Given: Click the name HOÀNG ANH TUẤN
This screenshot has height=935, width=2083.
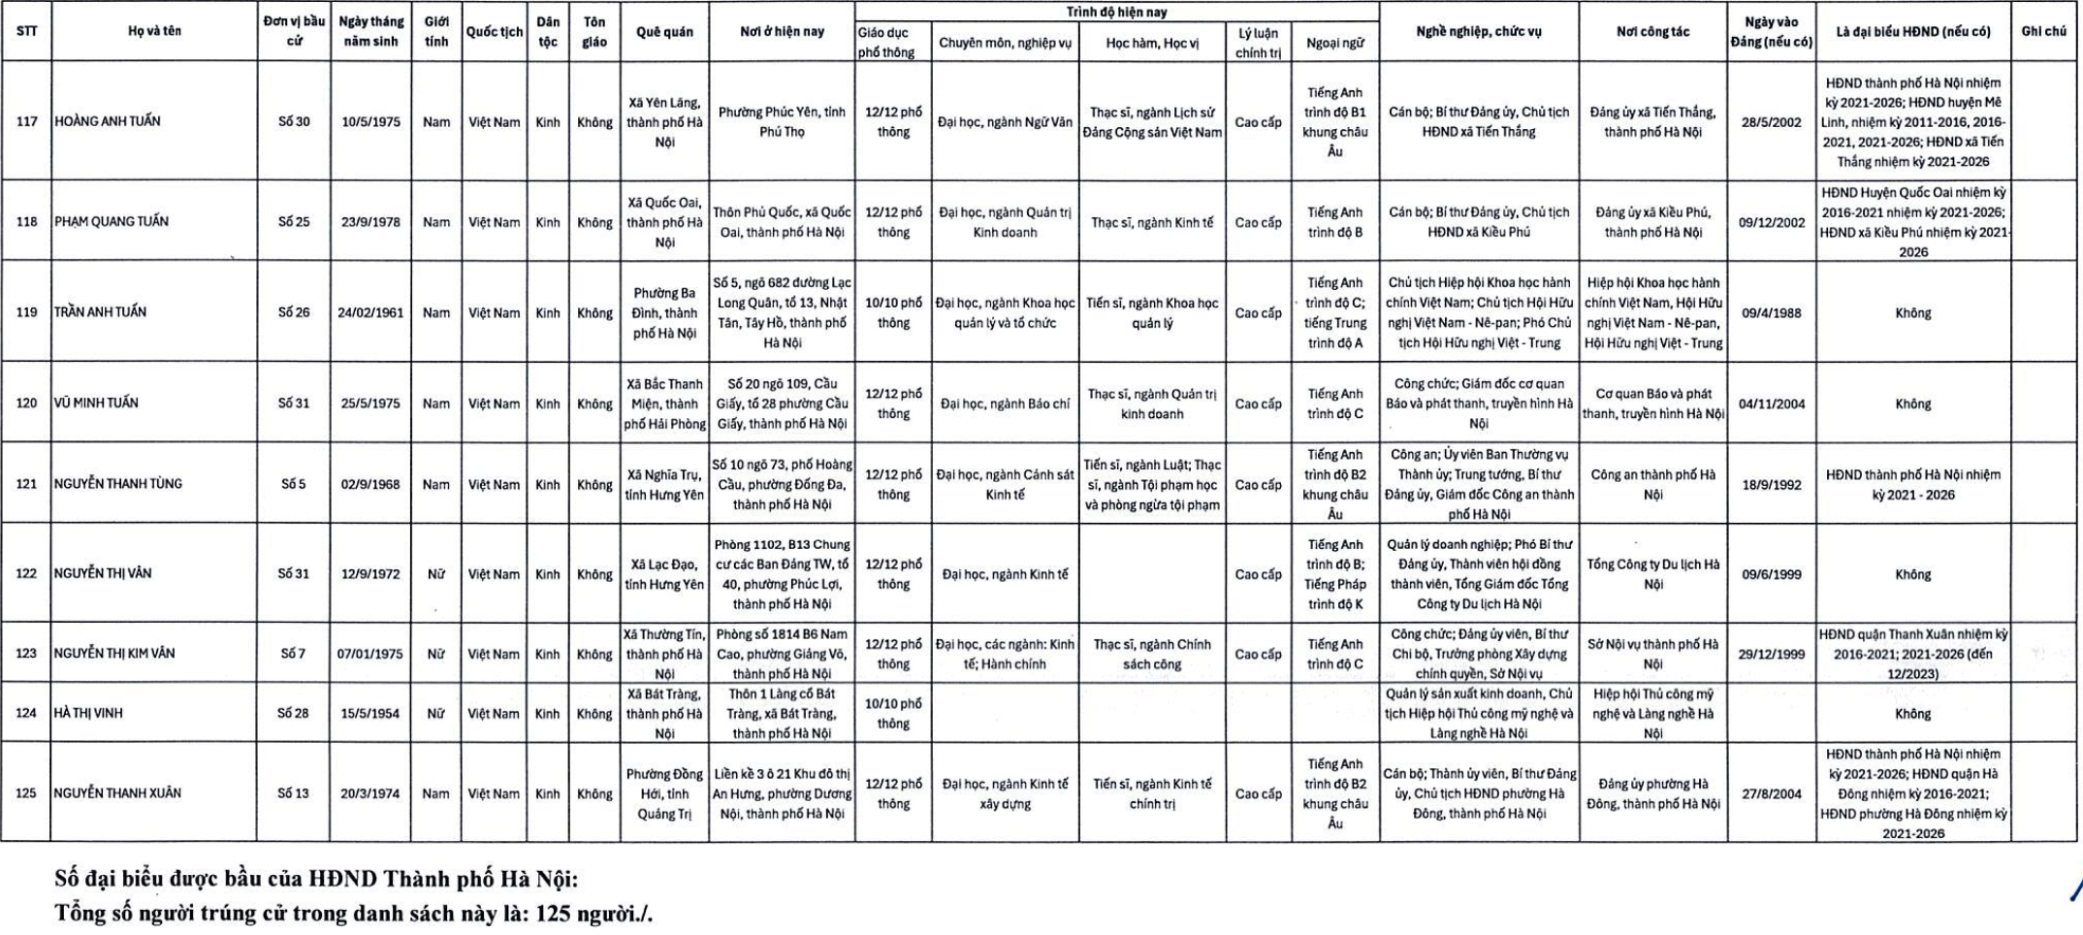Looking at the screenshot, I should pyautogui.click(x=108, y=121).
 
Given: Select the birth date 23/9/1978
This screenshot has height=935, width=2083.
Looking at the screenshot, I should pyautogui.click(x=370, y=222).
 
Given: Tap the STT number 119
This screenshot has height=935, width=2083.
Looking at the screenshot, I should pyautogui.click(x=26, y=312).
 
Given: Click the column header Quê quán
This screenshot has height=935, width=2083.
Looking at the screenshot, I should pyautogui.click(x=664, y=32).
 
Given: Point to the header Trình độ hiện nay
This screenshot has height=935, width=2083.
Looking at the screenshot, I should pyautogui.click(x=1116, y=13).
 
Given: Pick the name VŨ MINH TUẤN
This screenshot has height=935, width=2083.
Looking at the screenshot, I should pyautogui.click(x=96, y=403).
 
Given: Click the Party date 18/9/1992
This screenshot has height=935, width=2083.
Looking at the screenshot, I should pyautogui.click(x=1771, y=484).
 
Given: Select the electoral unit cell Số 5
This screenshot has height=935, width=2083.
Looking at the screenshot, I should pyautogui.click(x=293, y=484).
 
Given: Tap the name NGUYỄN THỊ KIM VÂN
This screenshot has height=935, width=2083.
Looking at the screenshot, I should pyautogui.click(x=114, y=653).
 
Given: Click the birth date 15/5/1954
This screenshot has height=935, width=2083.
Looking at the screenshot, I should pyautogui.click(x=370, y=714).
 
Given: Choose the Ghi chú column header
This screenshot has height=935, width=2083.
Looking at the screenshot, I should pyautogui.click(x=2043, y=31).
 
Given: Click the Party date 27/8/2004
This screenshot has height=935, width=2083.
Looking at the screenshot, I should pyautogui.click(x=1771, y=793).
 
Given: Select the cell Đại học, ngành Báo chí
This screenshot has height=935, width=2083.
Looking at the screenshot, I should pyautogui.click(x=1005, y=403).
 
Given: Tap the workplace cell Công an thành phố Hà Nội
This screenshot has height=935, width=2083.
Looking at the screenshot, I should pyautogui.click(x=1652, y=484).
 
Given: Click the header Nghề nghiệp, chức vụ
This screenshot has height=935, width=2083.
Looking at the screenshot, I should pyautogui.click(x=1478, y=31).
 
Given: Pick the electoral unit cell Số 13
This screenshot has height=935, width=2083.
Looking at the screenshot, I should pyautogui.click(x=293, y=793).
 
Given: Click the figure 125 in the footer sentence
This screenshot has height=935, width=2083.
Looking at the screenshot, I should pyautogui.click(x=553, y=914).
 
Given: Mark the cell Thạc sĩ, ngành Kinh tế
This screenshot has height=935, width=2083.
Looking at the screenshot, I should pyautogui.click(x=1152, y=222).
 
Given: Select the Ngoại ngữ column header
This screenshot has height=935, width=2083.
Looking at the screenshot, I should pyautogui.click(x=1334, y=43).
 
